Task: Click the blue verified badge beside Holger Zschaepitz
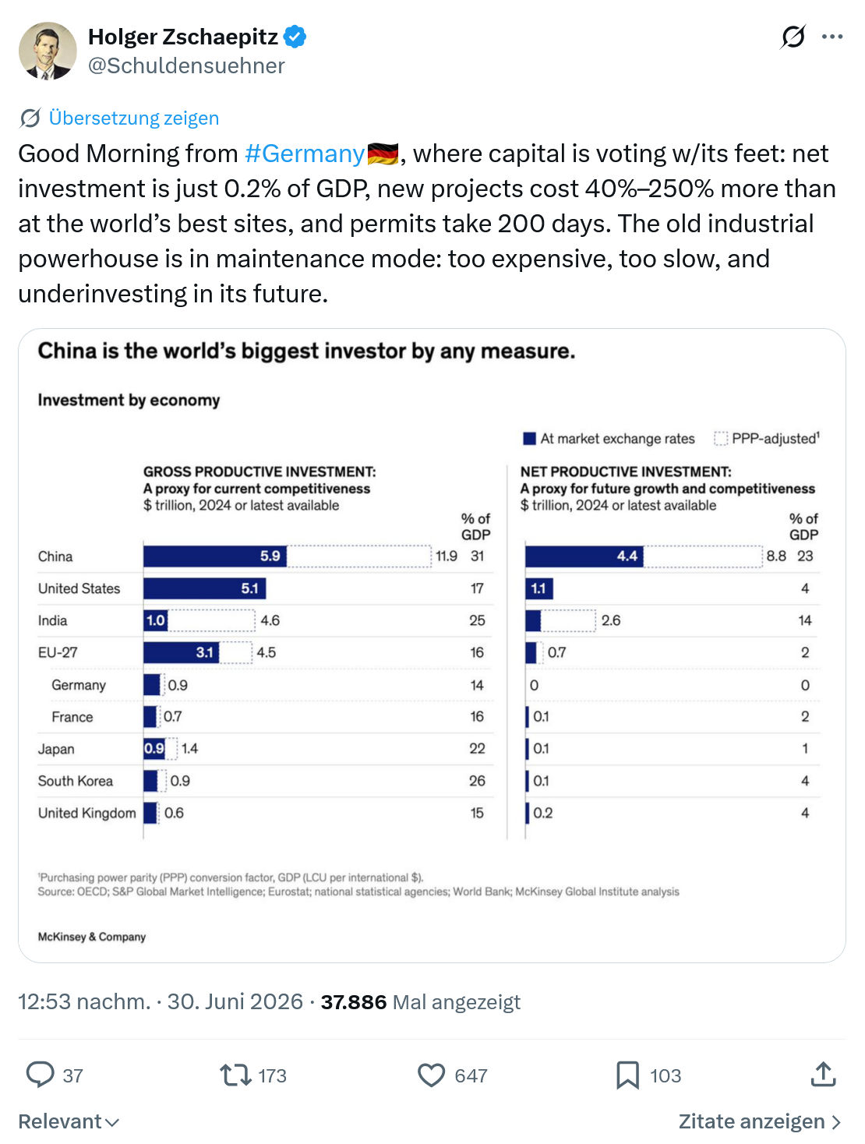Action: tap(295, 37)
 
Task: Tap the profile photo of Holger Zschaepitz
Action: tap(48, 51)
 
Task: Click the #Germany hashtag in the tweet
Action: tap(305, 154)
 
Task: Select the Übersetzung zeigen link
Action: tap(133, 118)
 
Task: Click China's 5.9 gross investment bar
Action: tap(214, 556)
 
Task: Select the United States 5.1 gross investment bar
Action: tap(204, 588)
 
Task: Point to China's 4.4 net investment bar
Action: tap(584, 556)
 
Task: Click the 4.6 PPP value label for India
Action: tap(270, 620)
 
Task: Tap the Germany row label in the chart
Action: tap(78, 685)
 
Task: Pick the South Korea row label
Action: tap(75, 781)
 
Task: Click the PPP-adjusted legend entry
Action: tap(767, 438)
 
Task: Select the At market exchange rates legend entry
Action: tap(609, 439)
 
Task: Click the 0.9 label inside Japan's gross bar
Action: tap(154, 748)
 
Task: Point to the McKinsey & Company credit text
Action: tap(92, 937)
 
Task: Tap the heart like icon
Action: tap(431, 1075)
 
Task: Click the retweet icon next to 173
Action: tap(235, 1075)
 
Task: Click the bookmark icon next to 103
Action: tap(627, 1075)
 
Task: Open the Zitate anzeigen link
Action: tap(759, 1121)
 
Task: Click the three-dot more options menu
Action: tap(831, 37)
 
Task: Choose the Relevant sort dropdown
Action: tap(69, 1121)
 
